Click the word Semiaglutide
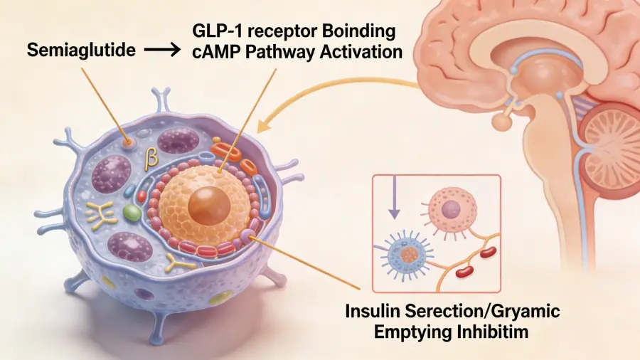[x=81, y=52]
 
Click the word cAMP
[x=216, y=53]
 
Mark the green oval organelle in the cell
[x=131, y=211]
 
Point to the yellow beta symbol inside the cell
[x=151, y=159]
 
